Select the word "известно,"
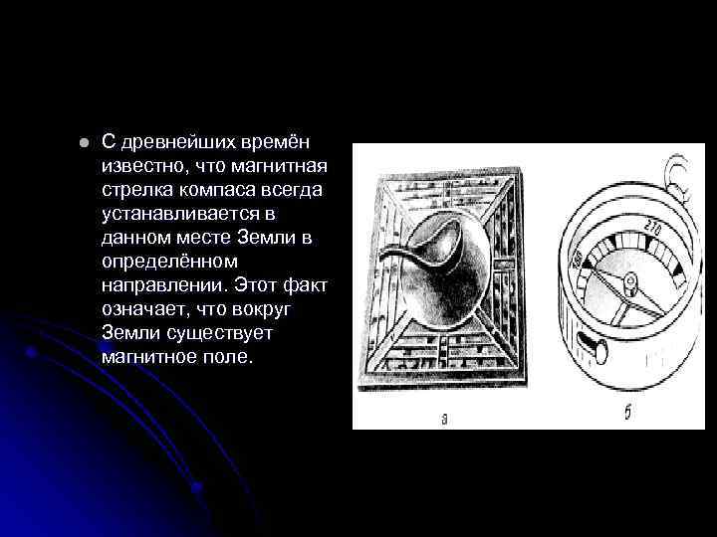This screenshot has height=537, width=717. pos(141,165)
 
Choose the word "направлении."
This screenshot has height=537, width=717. pos(164,284)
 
